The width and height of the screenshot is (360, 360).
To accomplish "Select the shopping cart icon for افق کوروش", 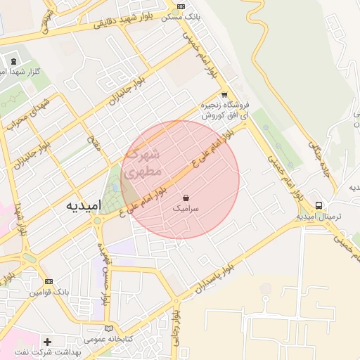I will pos(224,94).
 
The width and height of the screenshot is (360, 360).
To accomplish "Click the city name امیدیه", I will pos(84,205).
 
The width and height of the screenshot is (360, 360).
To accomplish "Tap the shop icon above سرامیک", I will pos(186,198).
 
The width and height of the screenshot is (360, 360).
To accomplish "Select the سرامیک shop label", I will pos(186,209).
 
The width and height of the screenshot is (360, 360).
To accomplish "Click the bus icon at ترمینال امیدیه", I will pos(319,205).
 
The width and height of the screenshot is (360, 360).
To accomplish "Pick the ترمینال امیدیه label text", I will pos(319,217).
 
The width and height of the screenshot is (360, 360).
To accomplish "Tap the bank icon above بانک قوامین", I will pos(48,281).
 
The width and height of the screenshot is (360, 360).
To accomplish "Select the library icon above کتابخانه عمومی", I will pos(108,328).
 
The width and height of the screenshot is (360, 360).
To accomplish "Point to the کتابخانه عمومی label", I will pos(108,338).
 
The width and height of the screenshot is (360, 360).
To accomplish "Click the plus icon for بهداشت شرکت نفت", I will pos(47,342).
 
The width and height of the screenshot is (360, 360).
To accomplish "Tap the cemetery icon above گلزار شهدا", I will pos(14,62).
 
